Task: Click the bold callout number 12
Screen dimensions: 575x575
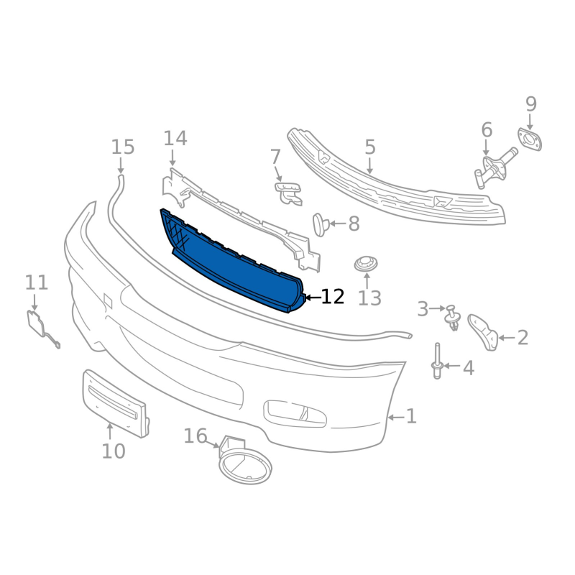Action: pos(333,297)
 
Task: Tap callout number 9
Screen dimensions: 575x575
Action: pos(531,103)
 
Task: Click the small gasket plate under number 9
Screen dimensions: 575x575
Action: pos(530,139)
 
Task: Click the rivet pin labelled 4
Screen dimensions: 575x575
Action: pos(437,362)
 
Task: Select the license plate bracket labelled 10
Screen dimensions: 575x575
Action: pos(116,403)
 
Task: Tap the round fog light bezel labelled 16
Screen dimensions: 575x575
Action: pos(244,462)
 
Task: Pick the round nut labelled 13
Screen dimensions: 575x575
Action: pos(366,264)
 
